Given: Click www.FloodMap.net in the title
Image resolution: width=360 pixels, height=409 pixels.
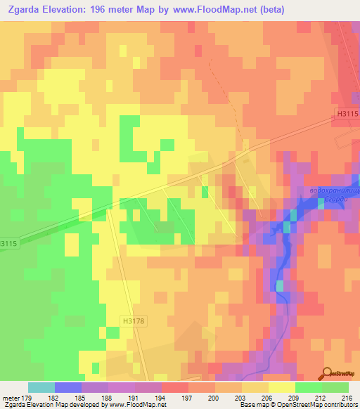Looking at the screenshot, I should coord(231,11).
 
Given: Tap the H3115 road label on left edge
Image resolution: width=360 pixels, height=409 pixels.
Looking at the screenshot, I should coord(8,242).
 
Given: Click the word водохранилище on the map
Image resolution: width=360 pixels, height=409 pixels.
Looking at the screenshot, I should coord(335,191).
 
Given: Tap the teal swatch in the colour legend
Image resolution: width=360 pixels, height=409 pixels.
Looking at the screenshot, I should coord(41,387).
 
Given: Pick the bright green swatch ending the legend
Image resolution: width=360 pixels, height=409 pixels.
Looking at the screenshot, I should coord(335,387).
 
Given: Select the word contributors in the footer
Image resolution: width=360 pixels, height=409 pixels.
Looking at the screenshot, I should coord(339,405).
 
